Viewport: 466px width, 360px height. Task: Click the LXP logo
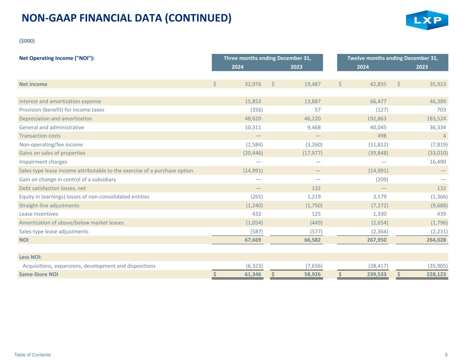tap(427, 20)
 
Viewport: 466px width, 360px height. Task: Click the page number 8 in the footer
tap(446, 355)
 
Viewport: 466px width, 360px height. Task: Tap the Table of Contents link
tap(32, 355)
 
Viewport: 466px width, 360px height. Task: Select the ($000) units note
tap(27, 41)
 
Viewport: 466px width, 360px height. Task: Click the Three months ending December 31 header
tap(267, 58)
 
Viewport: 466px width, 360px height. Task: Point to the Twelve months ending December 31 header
tap(393, 58)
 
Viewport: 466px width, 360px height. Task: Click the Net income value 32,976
tap(253, 84)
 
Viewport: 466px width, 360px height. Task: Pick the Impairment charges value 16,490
tap(438, 162)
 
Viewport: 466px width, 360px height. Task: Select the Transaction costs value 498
tap(382, 136)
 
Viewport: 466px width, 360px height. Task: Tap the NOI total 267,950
tap(377, 240)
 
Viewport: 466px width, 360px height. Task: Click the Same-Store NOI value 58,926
tap(312, 274)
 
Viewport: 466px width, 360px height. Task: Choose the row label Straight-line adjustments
tap(49, 205)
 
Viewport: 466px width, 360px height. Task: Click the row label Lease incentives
tap(39, 214)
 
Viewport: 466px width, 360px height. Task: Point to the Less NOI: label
tap(30, 257)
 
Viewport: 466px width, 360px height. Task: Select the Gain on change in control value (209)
tap(382, 179)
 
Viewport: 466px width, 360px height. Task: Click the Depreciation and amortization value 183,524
tap(436, 118)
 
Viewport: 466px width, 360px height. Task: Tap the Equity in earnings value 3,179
tap(380, 197)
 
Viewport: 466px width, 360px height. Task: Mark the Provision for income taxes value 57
tap(317, 110)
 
